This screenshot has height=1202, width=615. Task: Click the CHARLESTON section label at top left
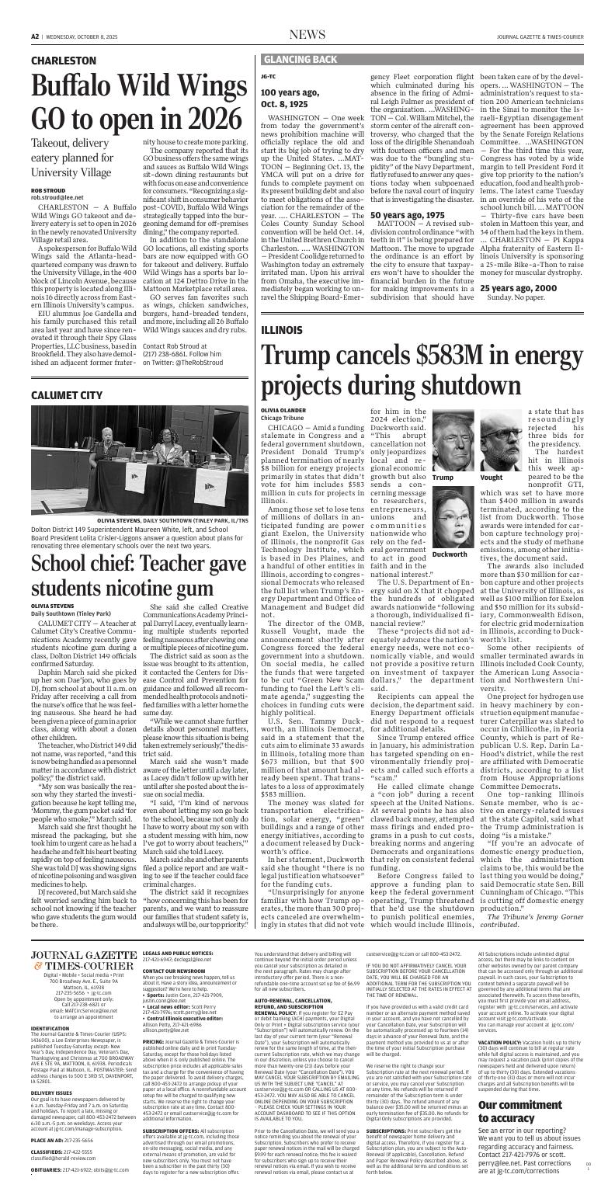(x=64, y=60)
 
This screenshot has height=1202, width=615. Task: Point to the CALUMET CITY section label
(x=67, y=396)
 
